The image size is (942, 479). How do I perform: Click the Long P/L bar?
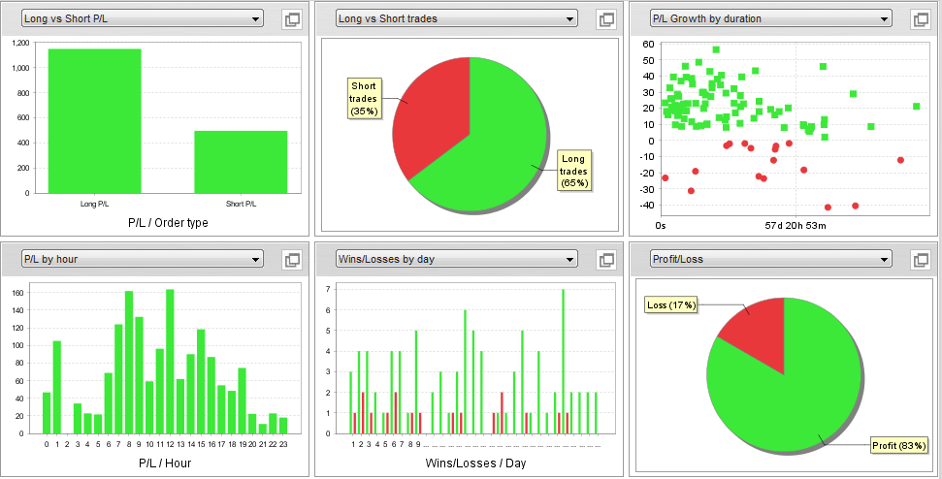94,120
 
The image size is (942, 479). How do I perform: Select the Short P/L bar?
241,161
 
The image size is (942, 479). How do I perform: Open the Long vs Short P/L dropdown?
142,18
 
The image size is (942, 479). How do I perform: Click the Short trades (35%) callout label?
364,99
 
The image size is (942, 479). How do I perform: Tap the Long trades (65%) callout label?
573,170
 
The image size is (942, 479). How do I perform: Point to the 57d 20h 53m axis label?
795,226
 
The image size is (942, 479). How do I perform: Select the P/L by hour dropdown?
142,259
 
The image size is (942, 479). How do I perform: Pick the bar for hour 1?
57,387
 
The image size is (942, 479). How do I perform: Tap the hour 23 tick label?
283,444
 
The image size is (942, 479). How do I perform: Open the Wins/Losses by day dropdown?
456,259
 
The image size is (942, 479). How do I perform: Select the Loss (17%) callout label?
670,305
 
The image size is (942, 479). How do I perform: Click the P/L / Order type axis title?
168,223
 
